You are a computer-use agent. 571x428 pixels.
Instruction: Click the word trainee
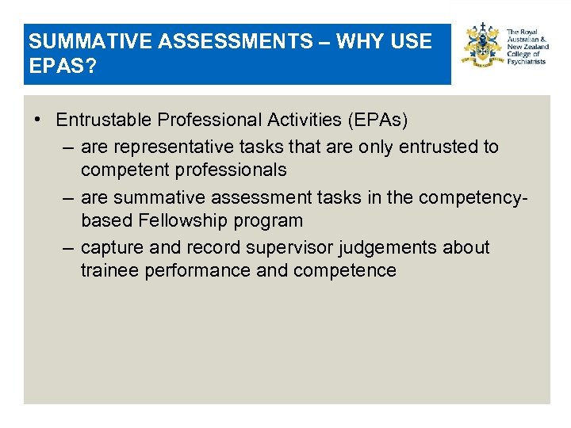point(108,270)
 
